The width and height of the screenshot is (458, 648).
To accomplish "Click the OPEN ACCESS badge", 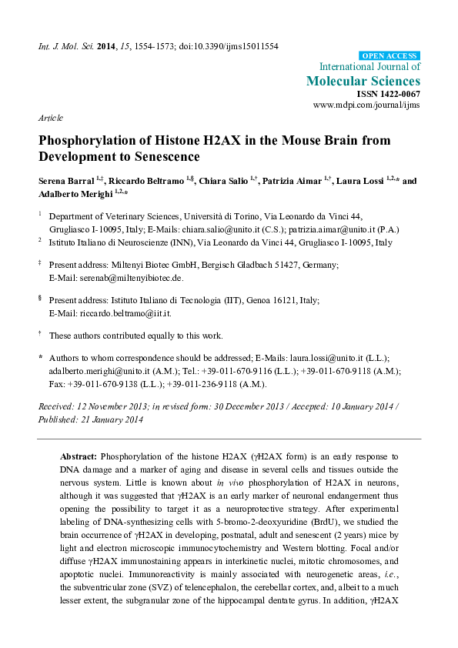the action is (x=390, y=55).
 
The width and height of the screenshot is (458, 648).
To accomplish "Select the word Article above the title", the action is (x=49, y=119).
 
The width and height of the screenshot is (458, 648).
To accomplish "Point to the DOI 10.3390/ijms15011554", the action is (x=228, y=46).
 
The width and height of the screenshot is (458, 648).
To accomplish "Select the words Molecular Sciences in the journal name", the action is (x=363, y=80).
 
